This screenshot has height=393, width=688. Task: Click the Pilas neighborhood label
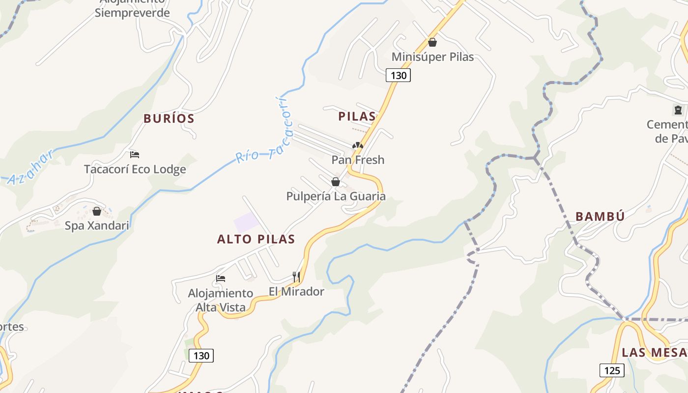pyautogui.click(x=357, y=116)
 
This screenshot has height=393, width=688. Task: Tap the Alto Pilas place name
pyautogui.click(x=256, y=239)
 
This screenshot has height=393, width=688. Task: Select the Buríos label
pyautogui.click(x=169, y=118)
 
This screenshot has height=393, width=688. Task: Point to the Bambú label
pyautogui.click(x=600, y=217)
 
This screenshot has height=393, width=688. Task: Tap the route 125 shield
pyautogui.click(x=612, y=370)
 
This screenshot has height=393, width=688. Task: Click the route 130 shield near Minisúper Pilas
pyautogui.click(x=398, y=75)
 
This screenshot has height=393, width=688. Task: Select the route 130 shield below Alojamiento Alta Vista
pyautogui.click(x=201, y=356)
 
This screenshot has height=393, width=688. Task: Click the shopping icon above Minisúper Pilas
pyautogui.click(x=432, y=43)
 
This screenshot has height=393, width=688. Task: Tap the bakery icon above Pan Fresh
pyautogui.click(x=358, y=145)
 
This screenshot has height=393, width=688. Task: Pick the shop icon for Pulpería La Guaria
pyautogui.click(x=336, y=182)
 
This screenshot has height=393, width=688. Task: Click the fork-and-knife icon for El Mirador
pyautogui.click(x=296, y=277)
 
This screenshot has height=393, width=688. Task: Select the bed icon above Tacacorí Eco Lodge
pyautogui.click(x=135, y=155)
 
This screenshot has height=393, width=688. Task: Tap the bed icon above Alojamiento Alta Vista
pyautogui.click(x=221, y=279)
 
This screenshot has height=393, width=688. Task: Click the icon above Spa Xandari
pyautogui.click(x=97, y=211)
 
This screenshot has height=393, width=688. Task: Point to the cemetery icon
pyautogui.click(x=679, y=110)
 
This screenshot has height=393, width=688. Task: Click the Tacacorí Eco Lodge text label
pyautogui.click(x=135, y=169)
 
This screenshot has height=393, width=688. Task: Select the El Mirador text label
pyautogui.click(x=296, y=292)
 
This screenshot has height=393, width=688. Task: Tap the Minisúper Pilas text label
pyautogui.click(x=432, y=57)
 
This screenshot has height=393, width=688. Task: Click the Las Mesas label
pyautogui.click(x=654, y=353)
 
